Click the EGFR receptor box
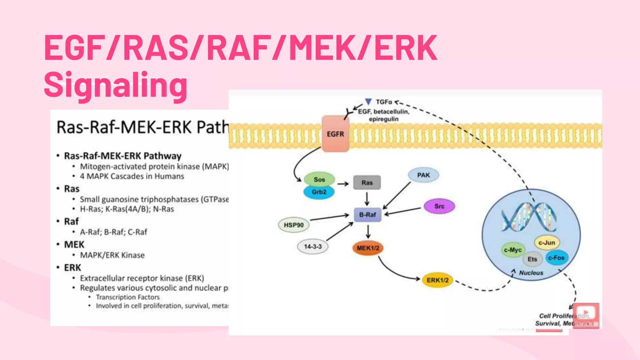click(335, 134)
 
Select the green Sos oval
click(319, 179)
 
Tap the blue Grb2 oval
click(319, 192)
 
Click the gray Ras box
click(367, 182)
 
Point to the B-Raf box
click(367, 215)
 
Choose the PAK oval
click(423, 175)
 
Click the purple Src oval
click(439, 206)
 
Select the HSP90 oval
click(293, 225)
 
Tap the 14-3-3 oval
click(312, 247)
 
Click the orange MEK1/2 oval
click(368, 248)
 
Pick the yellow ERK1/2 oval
click(437, 280)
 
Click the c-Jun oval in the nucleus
click(547, 242)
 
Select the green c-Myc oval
click(513, 250)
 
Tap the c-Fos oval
click(557, 258)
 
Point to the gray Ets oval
click(532, 259)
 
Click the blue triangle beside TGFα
click(368, 102)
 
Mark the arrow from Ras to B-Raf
click(367, 199)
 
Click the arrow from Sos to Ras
click(343, 184)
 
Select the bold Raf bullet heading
click(71, 222)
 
